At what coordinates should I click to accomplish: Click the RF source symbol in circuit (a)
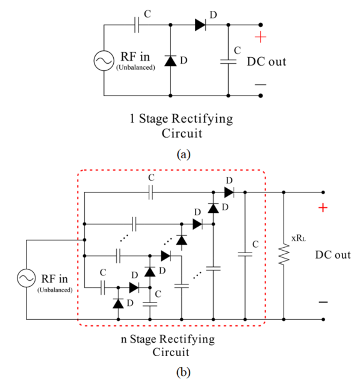point(104,61)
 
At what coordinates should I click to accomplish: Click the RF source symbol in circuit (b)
point(26,278)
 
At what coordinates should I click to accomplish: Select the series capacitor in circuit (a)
point(137,25)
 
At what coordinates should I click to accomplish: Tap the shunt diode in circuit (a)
point(170,61)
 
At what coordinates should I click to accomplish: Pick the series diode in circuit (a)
point(200,25)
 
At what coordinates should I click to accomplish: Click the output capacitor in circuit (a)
point(228,61)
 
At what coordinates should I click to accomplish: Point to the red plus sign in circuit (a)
point(261,37)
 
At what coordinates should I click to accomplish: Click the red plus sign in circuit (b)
point(323,208)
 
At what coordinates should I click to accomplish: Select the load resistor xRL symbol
point(284,254)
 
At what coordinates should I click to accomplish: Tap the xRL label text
point(299,238)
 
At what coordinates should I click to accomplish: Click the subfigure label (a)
point(184,155)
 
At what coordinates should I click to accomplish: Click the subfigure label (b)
point(184,372)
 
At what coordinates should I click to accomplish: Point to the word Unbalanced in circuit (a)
point(135,67)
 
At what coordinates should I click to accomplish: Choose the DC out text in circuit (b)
point(333,255)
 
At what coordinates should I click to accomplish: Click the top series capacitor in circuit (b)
point(151,192)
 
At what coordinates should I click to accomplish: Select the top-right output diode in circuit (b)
point(229,192)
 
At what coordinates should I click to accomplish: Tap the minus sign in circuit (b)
point(323,302)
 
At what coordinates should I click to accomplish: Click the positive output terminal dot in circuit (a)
point(261,25)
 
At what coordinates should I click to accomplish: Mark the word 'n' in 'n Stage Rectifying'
point(123,340)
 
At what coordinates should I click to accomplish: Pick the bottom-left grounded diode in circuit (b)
point(118,303)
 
